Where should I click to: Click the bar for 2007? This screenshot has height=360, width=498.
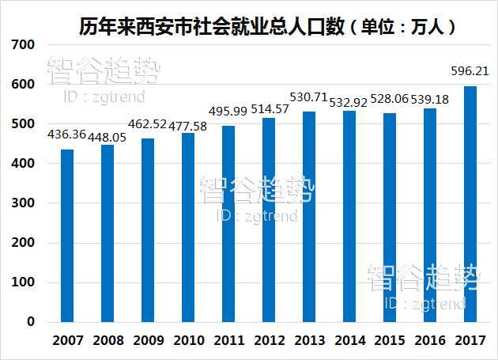67,236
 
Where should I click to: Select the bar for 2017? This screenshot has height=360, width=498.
470,204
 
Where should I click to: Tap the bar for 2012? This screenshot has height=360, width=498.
269,220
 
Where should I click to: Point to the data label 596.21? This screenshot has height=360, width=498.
470,70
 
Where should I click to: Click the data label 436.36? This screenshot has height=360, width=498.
67,135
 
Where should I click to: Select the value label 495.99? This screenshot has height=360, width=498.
228,109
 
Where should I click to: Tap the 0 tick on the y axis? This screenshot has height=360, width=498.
31,322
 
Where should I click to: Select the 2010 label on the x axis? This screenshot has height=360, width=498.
188,341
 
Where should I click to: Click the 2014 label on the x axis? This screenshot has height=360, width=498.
349,341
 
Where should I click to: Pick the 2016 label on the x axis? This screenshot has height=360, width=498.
430,341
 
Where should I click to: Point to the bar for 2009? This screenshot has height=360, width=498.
148,230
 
